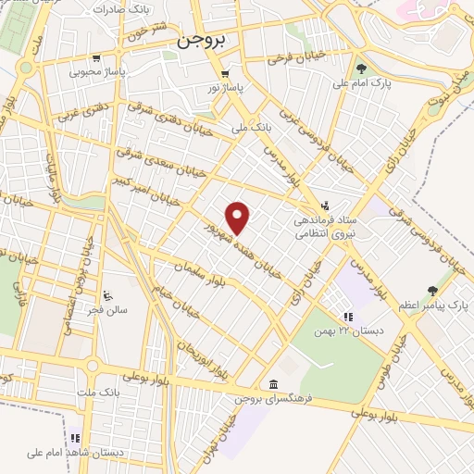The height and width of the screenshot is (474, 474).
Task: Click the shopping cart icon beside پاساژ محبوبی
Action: coord(70,69)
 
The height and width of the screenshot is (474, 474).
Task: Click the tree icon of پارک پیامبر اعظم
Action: coord(431,291)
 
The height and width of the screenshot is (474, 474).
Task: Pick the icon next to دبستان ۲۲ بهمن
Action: coord(348,317)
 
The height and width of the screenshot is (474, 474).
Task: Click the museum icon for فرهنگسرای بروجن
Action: coord(271,384)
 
